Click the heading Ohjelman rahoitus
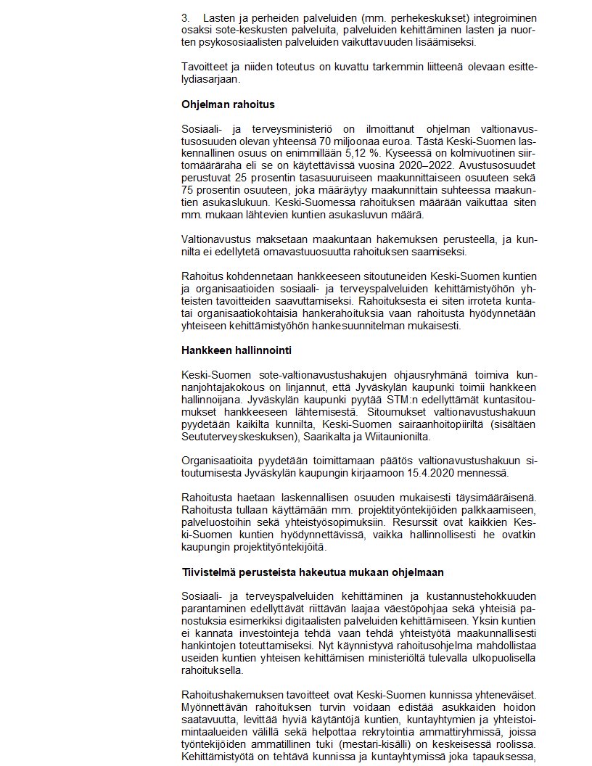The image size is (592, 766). coord(228,104)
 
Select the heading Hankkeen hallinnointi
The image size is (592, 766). coord(237,350)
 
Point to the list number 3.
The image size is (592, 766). coord(185,16)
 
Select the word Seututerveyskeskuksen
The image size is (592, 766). coord(237,436)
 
